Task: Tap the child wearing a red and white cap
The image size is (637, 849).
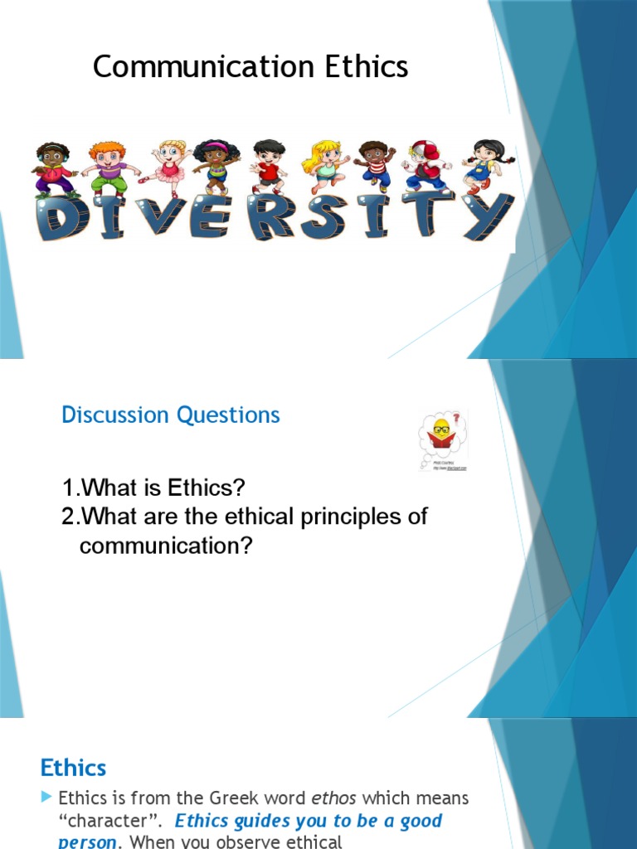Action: (425, 165)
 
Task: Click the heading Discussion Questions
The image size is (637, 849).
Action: (171, 415)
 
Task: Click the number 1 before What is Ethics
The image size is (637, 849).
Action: (68, 487)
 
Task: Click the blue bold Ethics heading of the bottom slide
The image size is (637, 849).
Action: (74, 768)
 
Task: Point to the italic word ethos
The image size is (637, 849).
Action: (333, 798)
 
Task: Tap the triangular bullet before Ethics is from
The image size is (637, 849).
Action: (46, 798)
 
